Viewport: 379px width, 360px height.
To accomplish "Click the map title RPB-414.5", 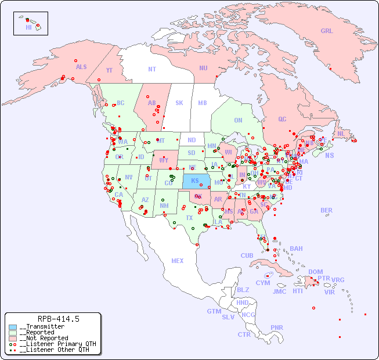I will pyautogui.click(x=58, y=319).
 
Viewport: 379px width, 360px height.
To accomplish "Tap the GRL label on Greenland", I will pyautogui.click(x=327, y=31).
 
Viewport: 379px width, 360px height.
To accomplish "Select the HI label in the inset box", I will pyautogui.click(x=28, y=27).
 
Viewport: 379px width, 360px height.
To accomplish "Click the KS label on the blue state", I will pyautogui.click(x=195, y=181).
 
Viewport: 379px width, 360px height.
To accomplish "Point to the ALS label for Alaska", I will pyautogui.click(x=81, y=67).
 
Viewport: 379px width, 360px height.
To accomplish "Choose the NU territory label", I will pyautogui.click(x=203, y=68).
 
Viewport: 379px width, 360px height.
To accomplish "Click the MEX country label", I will pyautogui.click(x=177, y=261).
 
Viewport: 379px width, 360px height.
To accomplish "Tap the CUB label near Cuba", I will pyautogui.click(x=247, y=255).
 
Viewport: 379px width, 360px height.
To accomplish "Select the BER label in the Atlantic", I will pyautogui.click(x=326, y=210).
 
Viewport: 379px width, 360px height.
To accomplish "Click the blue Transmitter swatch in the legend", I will pyautogui.click(x=13, y=327).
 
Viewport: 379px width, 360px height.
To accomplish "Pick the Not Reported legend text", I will pyautogui.click(x=44, y=338).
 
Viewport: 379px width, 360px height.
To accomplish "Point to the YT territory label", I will pyautogui.click(x=109, y=70).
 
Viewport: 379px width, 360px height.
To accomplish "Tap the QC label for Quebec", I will pyautogui.click(x=282, y=119).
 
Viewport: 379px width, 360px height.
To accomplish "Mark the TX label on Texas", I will pyautogui.click(x=189, y=218).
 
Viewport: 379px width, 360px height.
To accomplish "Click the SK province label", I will pyautogui.click(x=179, y=103).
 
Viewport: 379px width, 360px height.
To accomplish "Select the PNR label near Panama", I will pyautogui.click(x=277, y=327).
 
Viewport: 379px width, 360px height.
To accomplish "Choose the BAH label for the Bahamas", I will pyautogui.click(x=296, y=249).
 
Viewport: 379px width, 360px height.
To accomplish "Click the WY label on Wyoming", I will pyautogui.click(x=164, y=160).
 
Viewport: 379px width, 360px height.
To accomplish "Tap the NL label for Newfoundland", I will pyautogui.click(x=341, y=134).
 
